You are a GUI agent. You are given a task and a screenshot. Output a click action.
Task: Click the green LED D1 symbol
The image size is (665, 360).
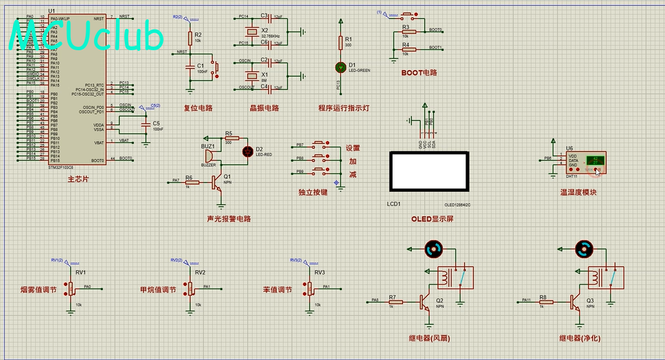(341, 67)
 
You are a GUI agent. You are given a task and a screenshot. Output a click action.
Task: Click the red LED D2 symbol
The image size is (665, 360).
(248, 151)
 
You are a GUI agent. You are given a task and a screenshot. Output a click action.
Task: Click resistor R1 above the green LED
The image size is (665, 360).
(341, 43)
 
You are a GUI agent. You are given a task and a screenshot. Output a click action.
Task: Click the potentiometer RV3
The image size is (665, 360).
(310, 288)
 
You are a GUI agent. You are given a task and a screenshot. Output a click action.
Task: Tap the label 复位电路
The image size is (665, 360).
(198, 108)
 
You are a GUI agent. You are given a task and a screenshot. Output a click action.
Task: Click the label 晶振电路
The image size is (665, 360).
(264, 108)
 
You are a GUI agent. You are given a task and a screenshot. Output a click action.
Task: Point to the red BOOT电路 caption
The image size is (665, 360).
(419, 73)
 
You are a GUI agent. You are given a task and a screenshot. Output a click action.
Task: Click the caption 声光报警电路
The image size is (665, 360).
(229, 218)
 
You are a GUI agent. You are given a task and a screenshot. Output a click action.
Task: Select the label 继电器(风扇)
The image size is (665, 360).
(429, 338)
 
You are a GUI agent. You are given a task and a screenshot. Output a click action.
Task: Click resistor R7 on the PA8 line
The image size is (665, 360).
(395, 301)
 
